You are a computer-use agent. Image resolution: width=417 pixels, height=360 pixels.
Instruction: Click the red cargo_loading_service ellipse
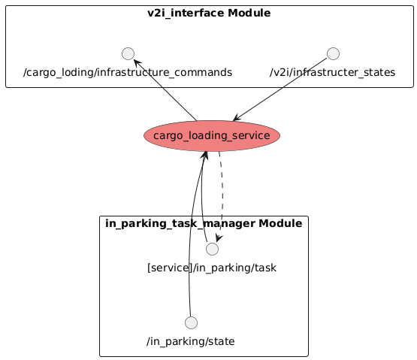coord(212,136)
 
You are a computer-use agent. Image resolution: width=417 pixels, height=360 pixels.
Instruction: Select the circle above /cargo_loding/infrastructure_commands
coord(128,54)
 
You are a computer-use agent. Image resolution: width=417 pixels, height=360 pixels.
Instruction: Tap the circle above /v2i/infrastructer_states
coord(333,54)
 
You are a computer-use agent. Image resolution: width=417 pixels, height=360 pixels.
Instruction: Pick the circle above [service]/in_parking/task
coord(212,249)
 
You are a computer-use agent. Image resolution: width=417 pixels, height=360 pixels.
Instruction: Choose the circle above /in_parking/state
coord(191,322)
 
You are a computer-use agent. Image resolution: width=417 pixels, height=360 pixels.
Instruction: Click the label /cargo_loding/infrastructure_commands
coord(128,72)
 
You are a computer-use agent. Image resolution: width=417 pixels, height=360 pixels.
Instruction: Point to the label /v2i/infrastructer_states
coord(332,72)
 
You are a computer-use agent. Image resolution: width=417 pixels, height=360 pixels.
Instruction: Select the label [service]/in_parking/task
coord(212,268)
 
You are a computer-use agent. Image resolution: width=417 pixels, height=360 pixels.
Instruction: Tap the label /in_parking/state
coord(191,341)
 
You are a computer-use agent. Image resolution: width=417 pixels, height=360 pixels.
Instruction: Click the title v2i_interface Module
coord(209,13)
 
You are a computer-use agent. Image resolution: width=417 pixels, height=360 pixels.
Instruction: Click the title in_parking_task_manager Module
coord(204,223)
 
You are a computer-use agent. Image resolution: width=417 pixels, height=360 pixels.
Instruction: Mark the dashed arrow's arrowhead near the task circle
coord(219,238)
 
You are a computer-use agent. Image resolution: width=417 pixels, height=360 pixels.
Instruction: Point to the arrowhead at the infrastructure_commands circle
coord(137,63)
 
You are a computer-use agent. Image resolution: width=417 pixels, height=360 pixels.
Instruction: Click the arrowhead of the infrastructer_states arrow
coord(237,117)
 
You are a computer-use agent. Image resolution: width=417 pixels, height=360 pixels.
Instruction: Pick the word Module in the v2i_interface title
coord(249,13)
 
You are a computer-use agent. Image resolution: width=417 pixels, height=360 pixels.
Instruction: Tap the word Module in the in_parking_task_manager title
coord(280,223)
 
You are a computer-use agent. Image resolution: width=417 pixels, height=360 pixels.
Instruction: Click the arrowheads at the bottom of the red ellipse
coord(204,156)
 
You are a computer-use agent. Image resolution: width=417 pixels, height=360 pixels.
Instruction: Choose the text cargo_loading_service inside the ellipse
coord(212,136)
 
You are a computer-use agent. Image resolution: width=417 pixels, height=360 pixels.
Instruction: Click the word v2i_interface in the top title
coord(186,13)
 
